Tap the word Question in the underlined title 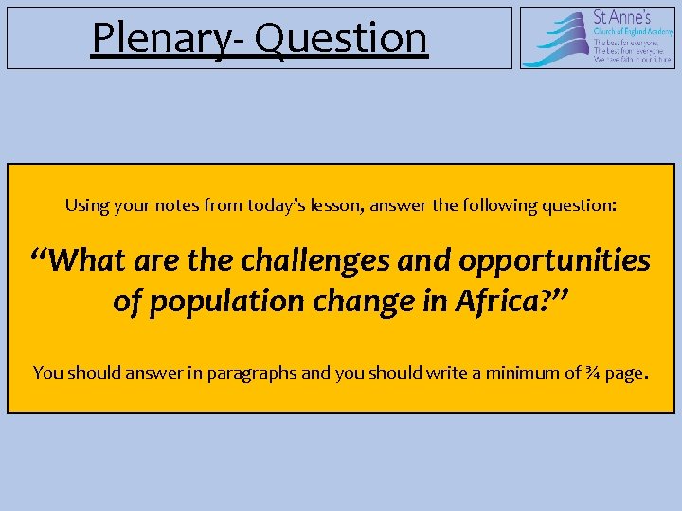[x=341, y=38]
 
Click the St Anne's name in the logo [x=620, y=17]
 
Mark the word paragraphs [x=253, y=373]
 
